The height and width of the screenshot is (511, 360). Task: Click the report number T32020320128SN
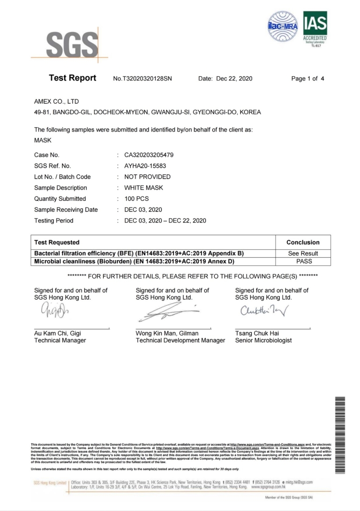(x=142, y=79)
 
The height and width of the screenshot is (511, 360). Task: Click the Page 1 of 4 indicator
(x=308, y=79)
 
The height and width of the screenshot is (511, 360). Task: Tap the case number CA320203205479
(x=150, y=155)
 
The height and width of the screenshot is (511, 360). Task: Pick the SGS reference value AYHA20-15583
(x=144, y=166)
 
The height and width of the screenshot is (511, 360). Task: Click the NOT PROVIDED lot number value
(x=147, y=177)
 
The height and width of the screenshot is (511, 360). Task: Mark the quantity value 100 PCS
(x=136, y=199)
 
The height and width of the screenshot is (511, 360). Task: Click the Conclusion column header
(x=303, y=242)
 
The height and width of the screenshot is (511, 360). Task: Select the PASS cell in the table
(x=303, y=261)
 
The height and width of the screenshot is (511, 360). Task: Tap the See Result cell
(x=303, y=253)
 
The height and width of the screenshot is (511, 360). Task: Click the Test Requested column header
(x=57, y=242)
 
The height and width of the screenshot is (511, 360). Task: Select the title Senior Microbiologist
(x=263, y=341)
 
